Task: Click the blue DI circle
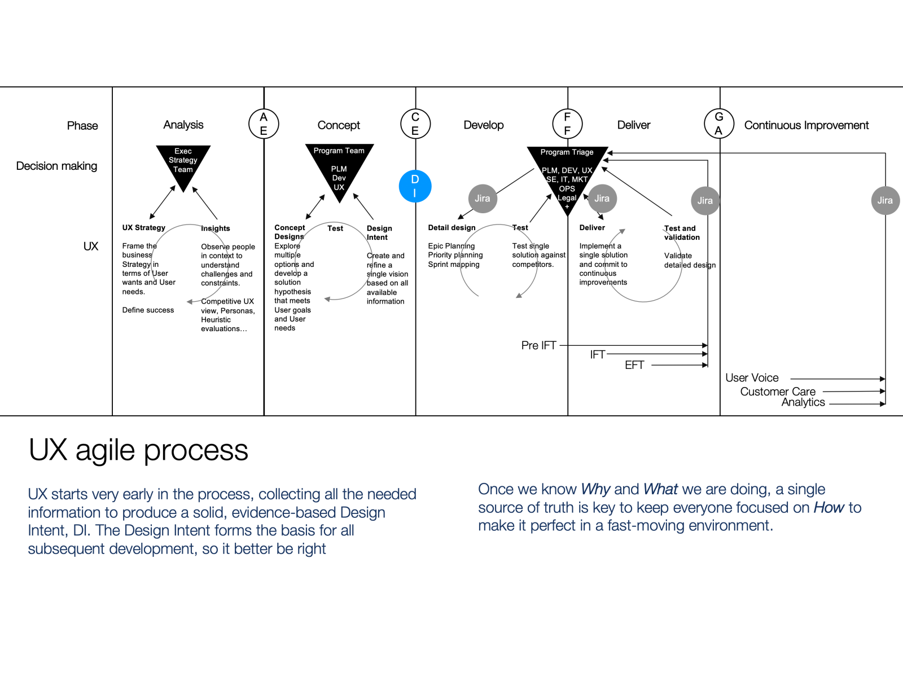click(x=415, y=186)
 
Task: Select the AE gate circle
click(x=264, y=124)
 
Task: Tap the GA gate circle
click(x=718, y=124)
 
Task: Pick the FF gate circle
click(x=567, y=124)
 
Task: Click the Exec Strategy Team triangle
click(x=183, y=164)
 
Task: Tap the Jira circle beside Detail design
click(x=483, y=199)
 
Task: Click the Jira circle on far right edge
click(x=885, y=200)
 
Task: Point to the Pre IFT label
click(x=538, y=345)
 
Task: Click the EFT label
click(x=634, y=365)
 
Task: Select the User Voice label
click(x=752, y=378)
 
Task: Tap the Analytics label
click(x=803, y=402)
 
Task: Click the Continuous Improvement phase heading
click(x=806, y=125)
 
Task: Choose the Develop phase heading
click(x=484, y=125)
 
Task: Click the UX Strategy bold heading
click(x=144, y=228)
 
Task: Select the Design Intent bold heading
click(x=379, y=232)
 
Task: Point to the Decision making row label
click(x=56, y=166)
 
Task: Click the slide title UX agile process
click(x=138, y=450)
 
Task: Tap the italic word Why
click(x=595, y=489)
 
